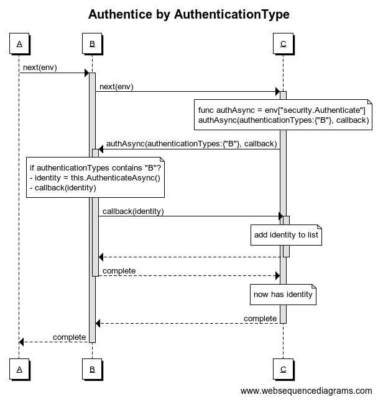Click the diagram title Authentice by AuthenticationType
coord(189,14)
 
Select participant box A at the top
coord(19,43)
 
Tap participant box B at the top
coord(92,43)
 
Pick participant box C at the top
coord(283,43)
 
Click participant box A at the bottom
coord(19,369)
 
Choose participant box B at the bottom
coord(92,369)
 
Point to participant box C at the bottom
coord(283,369)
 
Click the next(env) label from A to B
coord(40,68)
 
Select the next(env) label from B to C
coord(116,87)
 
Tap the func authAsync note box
coord(283,115)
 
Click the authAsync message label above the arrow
coord(191,144)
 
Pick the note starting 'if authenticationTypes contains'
coord(95,177)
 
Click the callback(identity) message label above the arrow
coord(133,211)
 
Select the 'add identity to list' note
coord(286,235)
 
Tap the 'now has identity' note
coord(283,295)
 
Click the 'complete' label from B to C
coord(119,270)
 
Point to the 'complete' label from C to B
coord(260,319)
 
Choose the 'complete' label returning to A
coord(69,337)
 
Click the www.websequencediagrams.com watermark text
coord(306,391)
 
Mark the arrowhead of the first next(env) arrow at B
coord(87,73)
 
